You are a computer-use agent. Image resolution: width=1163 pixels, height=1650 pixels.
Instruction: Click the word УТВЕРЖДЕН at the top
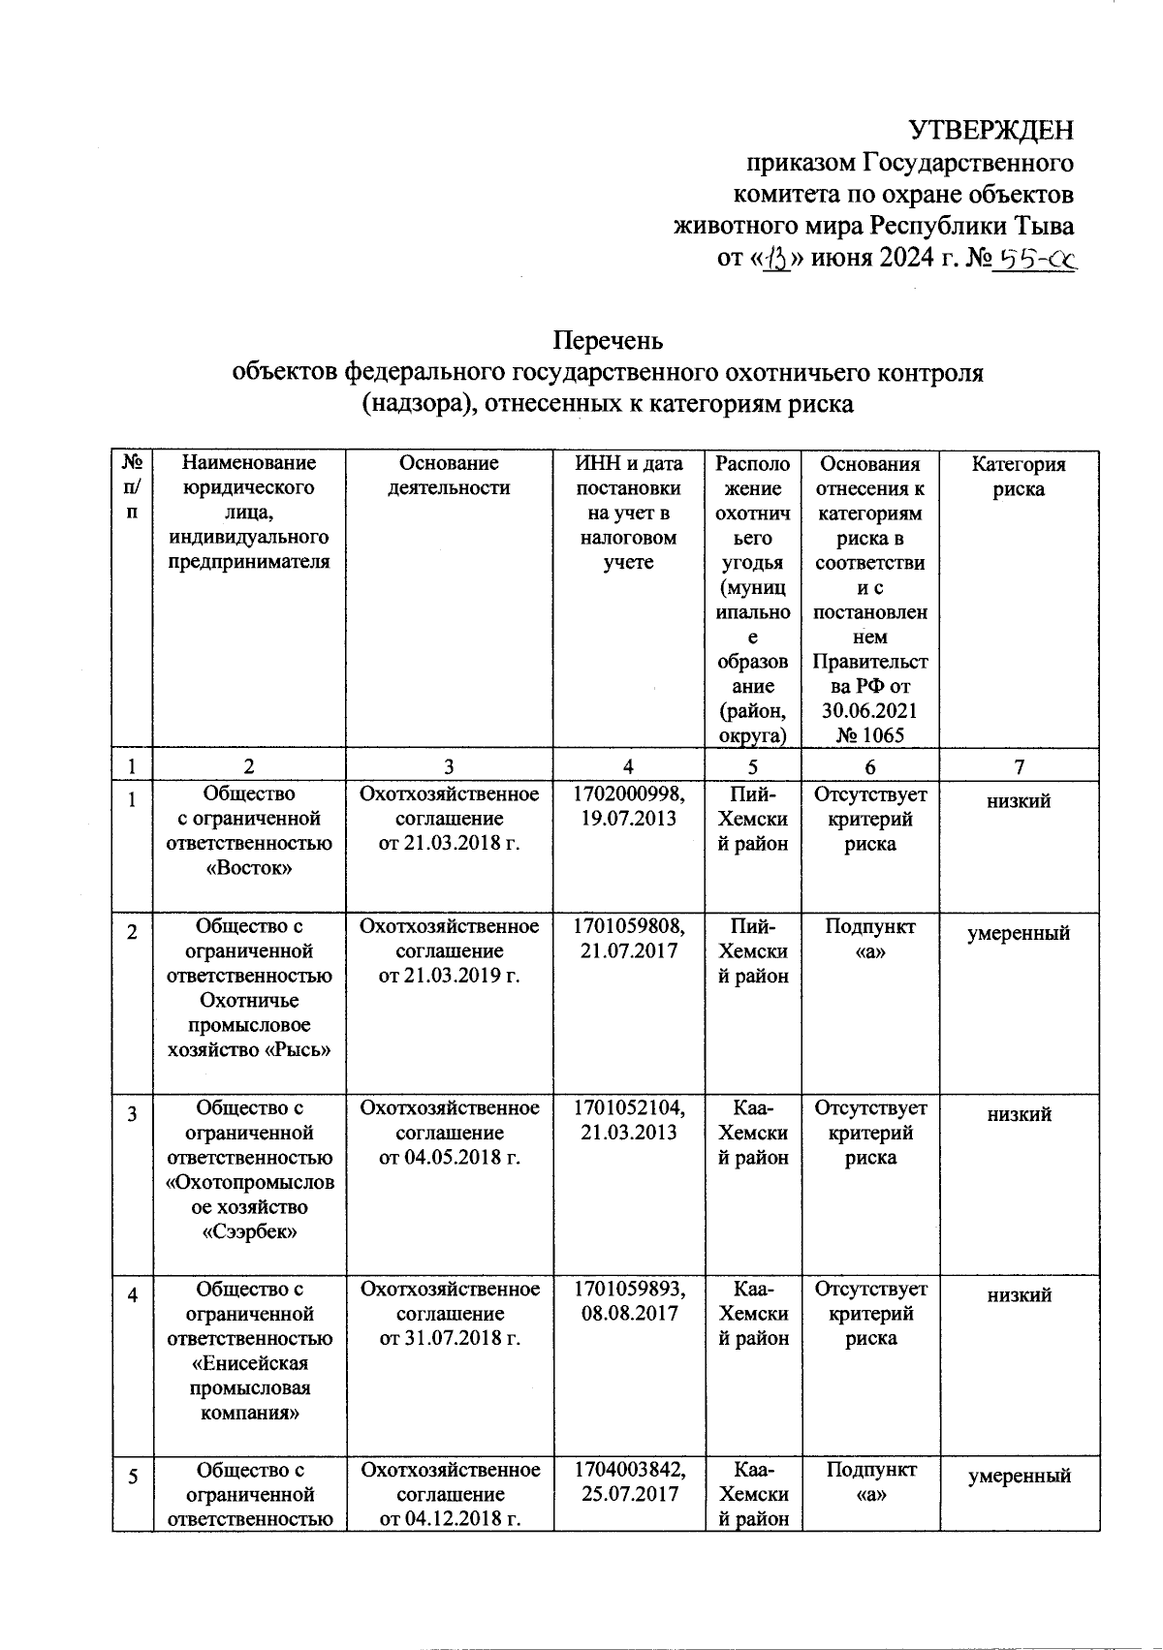click(990, 130)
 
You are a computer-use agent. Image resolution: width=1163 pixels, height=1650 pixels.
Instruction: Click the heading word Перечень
click(608, 341)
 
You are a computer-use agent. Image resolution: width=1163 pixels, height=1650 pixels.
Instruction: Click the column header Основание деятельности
click(449, 477)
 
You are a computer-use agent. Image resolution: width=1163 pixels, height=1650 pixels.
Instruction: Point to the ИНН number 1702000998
click(628, 794)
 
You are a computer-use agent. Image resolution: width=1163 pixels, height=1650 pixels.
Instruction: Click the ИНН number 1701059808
click(628, 926)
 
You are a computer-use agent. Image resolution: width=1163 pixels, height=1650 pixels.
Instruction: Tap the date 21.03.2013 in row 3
click(628, 1133)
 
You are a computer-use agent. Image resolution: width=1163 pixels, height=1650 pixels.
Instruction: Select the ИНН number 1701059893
click(628, 1289)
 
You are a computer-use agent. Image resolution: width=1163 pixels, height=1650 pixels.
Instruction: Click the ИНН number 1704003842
click(628, 1470)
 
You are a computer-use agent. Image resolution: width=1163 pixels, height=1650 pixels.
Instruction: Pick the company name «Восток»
click(250, 869)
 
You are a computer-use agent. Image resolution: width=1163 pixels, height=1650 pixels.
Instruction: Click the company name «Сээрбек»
click(250, 1232)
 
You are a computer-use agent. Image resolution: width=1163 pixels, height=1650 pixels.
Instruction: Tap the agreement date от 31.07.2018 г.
click(449, 1338)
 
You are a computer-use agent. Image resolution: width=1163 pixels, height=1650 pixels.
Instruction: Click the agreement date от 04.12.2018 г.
click(449, 1519)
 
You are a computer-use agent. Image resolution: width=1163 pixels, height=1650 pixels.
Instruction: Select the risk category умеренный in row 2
click(1019, 933)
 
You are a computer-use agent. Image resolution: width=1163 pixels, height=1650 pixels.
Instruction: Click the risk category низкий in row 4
click(1019, 1295)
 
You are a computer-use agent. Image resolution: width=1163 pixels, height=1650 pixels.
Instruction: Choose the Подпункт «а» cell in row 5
click(869, 1482)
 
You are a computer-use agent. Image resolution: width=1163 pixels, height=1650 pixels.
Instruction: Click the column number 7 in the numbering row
click(1019, 766)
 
